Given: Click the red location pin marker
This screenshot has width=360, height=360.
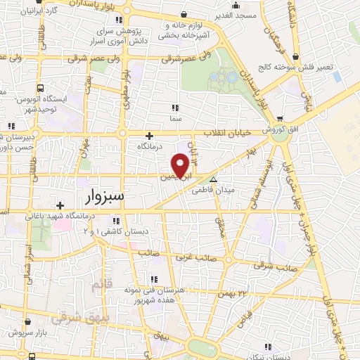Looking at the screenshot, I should pyautogui.click(x=181, y=165).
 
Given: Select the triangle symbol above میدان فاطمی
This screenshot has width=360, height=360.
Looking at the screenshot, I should pyautogui.click(x=214, y=180).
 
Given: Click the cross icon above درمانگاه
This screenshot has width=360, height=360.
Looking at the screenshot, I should pyautogui.click(x=149, y=136).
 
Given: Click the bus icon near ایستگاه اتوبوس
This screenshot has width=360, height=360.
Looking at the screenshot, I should pyautogui.click(x=40, y=89).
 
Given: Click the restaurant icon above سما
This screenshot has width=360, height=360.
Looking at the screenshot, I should pyautogui.click(x=176, y=108).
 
